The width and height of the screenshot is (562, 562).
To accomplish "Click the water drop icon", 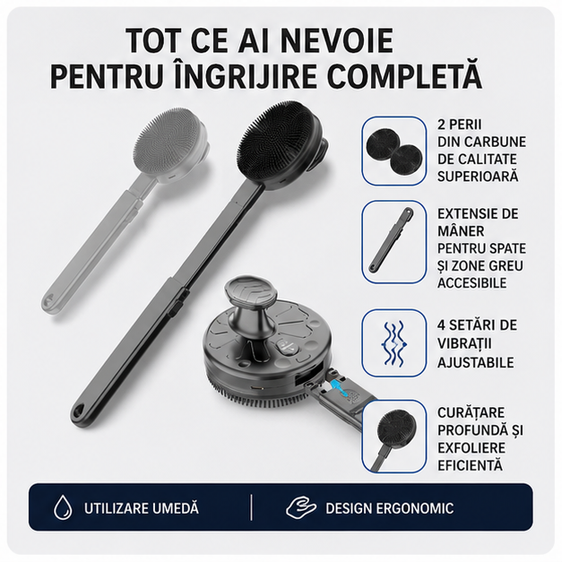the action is [x=63, y=507].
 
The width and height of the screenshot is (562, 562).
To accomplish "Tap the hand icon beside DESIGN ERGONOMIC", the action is [x=301, y=507].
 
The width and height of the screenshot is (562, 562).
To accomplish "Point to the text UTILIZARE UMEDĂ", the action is [x=142, y=508].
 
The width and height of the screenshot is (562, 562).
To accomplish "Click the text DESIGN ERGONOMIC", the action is [x=390, y=508].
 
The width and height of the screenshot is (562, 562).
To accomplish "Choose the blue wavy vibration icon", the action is [x=394, y=343].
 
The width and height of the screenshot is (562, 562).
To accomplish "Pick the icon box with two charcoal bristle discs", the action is [x=393, y=151].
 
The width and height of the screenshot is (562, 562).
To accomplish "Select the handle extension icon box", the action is [x=393, y=242].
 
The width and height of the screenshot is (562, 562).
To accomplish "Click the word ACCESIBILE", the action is [x=472, y=282].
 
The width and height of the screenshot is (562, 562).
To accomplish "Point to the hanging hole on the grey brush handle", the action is [x=48, y=298].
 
